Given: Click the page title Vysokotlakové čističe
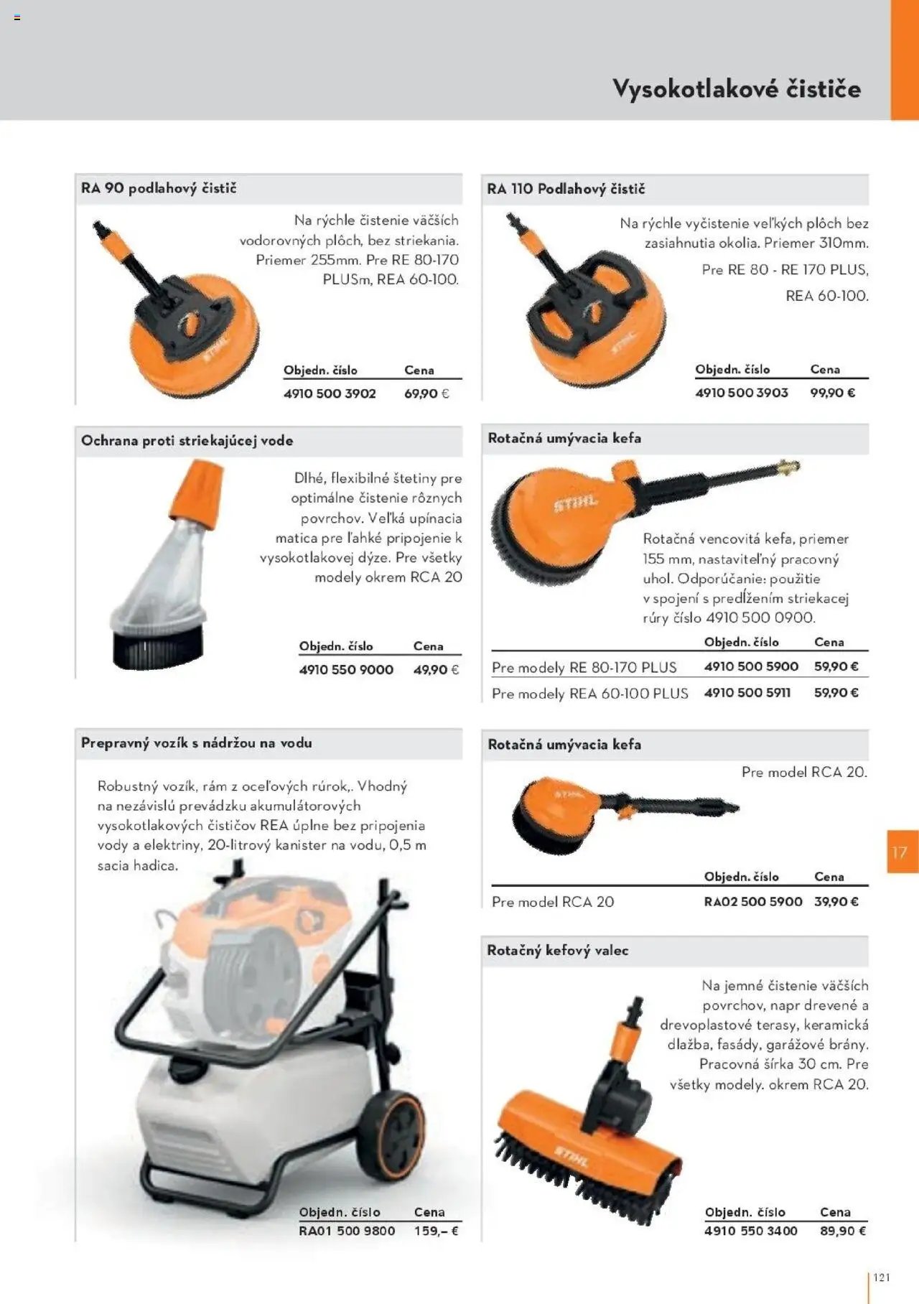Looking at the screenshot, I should (x=736, y=89).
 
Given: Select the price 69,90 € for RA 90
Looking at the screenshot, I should (x=426, y=393).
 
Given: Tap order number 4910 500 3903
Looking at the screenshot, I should (x=741, y=393).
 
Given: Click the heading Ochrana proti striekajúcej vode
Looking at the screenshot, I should (x=187, y=440).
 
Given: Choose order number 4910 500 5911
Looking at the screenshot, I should (x=747, y=693).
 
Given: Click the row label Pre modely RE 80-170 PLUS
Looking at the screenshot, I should (x=584, y=667).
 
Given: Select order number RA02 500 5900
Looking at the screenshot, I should (x=752, y=901).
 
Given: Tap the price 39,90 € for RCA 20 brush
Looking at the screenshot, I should (x=836, y=901).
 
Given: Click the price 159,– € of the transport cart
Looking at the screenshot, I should (x=436, y=1231).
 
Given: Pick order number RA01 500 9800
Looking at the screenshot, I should (x=347, y=1231).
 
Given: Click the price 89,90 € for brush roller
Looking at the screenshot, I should (x=843, y=1231).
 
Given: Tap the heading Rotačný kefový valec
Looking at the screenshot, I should (x=557, y=950).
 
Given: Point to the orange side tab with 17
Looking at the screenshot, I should (x=902, y=852).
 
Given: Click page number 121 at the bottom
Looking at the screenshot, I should (x=882, y=1277).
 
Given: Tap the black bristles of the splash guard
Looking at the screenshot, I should (x=156, y=647).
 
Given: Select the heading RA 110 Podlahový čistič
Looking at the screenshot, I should (x=566, y=189).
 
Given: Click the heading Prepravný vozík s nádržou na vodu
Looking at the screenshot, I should (x=196, y=743).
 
